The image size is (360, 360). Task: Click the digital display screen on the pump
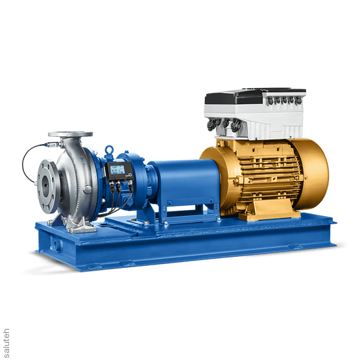117,171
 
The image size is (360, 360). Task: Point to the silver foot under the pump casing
80,224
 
